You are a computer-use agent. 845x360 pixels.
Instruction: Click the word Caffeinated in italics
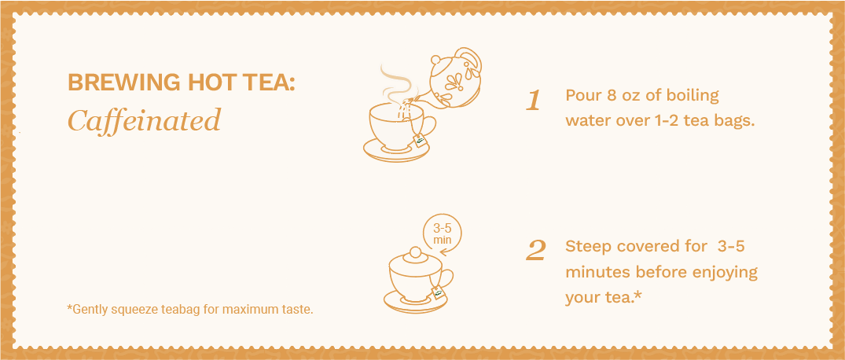(145, 119)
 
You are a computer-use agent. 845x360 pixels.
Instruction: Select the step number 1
(533, 101)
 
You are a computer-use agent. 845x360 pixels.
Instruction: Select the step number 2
(535, 251)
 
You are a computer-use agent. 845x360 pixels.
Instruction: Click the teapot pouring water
(454, 78)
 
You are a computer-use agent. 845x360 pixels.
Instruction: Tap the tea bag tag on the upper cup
(421, 141)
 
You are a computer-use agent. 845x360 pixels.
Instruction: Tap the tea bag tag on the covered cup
(438, 292)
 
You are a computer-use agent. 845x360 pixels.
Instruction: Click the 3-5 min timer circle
(443, 233)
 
